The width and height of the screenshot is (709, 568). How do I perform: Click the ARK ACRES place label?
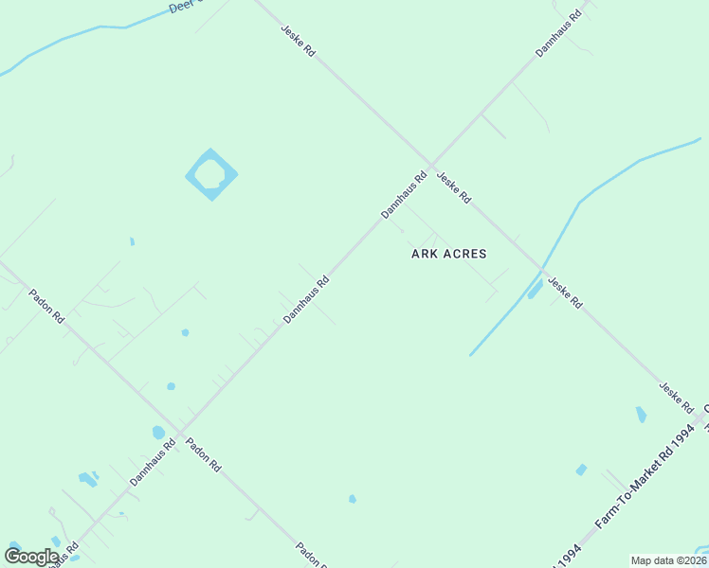449,254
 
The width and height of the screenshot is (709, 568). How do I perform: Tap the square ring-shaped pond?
210,174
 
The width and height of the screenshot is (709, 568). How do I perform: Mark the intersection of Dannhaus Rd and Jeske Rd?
431,164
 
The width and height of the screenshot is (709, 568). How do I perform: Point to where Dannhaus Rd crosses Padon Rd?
178,434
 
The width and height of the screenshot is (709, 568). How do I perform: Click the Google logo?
31,557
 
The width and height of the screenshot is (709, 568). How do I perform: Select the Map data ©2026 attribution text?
668,560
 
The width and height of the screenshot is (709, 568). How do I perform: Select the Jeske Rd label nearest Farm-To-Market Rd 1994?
677,399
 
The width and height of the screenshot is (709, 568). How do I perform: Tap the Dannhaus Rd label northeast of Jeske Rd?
557,35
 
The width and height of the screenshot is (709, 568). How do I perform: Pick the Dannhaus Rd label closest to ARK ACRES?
405,196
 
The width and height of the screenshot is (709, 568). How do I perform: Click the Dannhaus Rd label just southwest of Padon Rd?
153,463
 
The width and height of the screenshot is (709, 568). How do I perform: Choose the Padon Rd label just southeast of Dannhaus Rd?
204,454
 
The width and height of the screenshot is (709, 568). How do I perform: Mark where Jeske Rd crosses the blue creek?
541,268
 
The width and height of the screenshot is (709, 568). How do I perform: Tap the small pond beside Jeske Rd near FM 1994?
641,414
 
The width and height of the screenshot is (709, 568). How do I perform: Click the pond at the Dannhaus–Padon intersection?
158,433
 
